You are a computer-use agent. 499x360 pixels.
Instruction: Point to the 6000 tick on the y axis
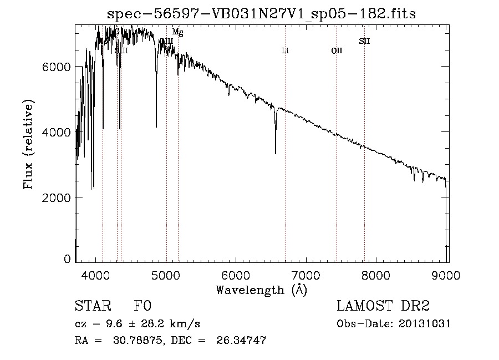(58, 67)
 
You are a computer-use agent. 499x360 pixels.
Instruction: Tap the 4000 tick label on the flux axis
(58, 132)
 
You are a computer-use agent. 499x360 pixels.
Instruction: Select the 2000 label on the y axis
(58, 197)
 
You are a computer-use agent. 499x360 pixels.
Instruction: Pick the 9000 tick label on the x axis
(447, 274)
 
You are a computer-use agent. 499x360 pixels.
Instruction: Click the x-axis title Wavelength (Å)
(261, 289)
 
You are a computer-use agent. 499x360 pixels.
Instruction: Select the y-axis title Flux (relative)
(28, 144)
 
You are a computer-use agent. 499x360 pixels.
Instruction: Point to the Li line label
(285, 51)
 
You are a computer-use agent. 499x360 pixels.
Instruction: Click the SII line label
(364, 41)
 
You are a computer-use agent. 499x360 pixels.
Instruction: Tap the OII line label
(337, 51)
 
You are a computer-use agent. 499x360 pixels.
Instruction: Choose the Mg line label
(177, 32)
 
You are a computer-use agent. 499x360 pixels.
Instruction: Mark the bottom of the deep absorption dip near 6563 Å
(276, 153)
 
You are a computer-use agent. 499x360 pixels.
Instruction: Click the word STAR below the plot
(93, 306)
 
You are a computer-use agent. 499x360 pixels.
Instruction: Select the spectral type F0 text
(142, 306)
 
